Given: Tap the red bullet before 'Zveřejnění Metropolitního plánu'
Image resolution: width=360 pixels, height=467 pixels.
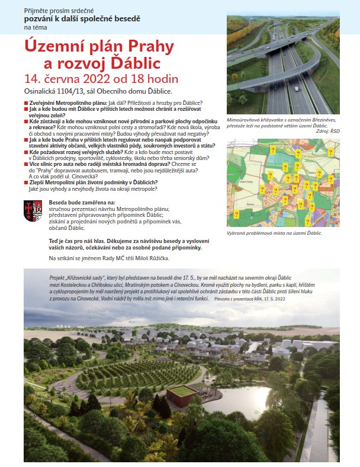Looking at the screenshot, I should [x=26, y=103].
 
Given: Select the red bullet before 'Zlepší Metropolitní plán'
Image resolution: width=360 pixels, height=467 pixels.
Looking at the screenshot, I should [x=26, y=183].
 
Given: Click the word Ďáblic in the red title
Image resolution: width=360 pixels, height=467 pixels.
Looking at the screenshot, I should [x=144, y=63].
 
